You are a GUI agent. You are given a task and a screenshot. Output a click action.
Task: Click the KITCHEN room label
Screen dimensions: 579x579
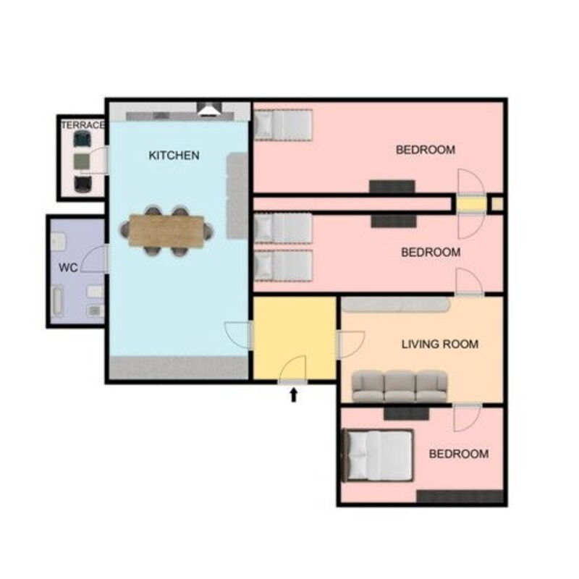pos(174,155)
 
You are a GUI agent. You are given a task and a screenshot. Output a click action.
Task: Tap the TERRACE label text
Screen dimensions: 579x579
pos(83,125)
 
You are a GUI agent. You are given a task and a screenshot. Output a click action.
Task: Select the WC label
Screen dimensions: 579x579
pos(68,268)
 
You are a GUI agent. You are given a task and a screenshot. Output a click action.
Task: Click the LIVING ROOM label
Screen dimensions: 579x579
pos(439,345)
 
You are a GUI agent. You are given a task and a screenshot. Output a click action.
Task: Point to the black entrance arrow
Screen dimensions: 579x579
pos(294,394)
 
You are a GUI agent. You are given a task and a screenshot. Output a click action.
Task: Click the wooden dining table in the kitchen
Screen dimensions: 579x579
pos(166,231)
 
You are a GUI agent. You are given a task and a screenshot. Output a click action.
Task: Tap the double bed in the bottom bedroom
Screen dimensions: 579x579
pos(377,455)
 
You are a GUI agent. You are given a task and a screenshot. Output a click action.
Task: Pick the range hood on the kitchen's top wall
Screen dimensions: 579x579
pos(210,109)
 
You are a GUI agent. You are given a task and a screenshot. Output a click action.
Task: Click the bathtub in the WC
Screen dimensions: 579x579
pos(57,303)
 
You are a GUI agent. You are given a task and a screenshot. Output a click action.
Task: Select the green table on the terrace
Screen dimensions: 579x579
pos(83,159)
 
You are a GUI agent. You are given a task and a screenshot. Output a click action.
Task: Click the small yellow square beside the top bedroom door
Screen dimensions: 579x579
pos(496,204)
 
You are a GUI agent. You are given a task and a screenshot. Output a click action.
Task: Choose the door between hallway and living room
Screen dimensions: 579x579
pos(350,344)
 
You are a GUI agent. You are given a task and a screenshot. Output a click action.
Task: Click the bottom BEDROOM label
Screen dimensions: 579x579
pos(458,454)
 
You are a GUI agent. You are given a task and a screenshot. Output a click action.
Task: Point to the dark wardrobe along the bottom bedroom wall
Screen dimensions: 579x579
pos(459,496)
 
